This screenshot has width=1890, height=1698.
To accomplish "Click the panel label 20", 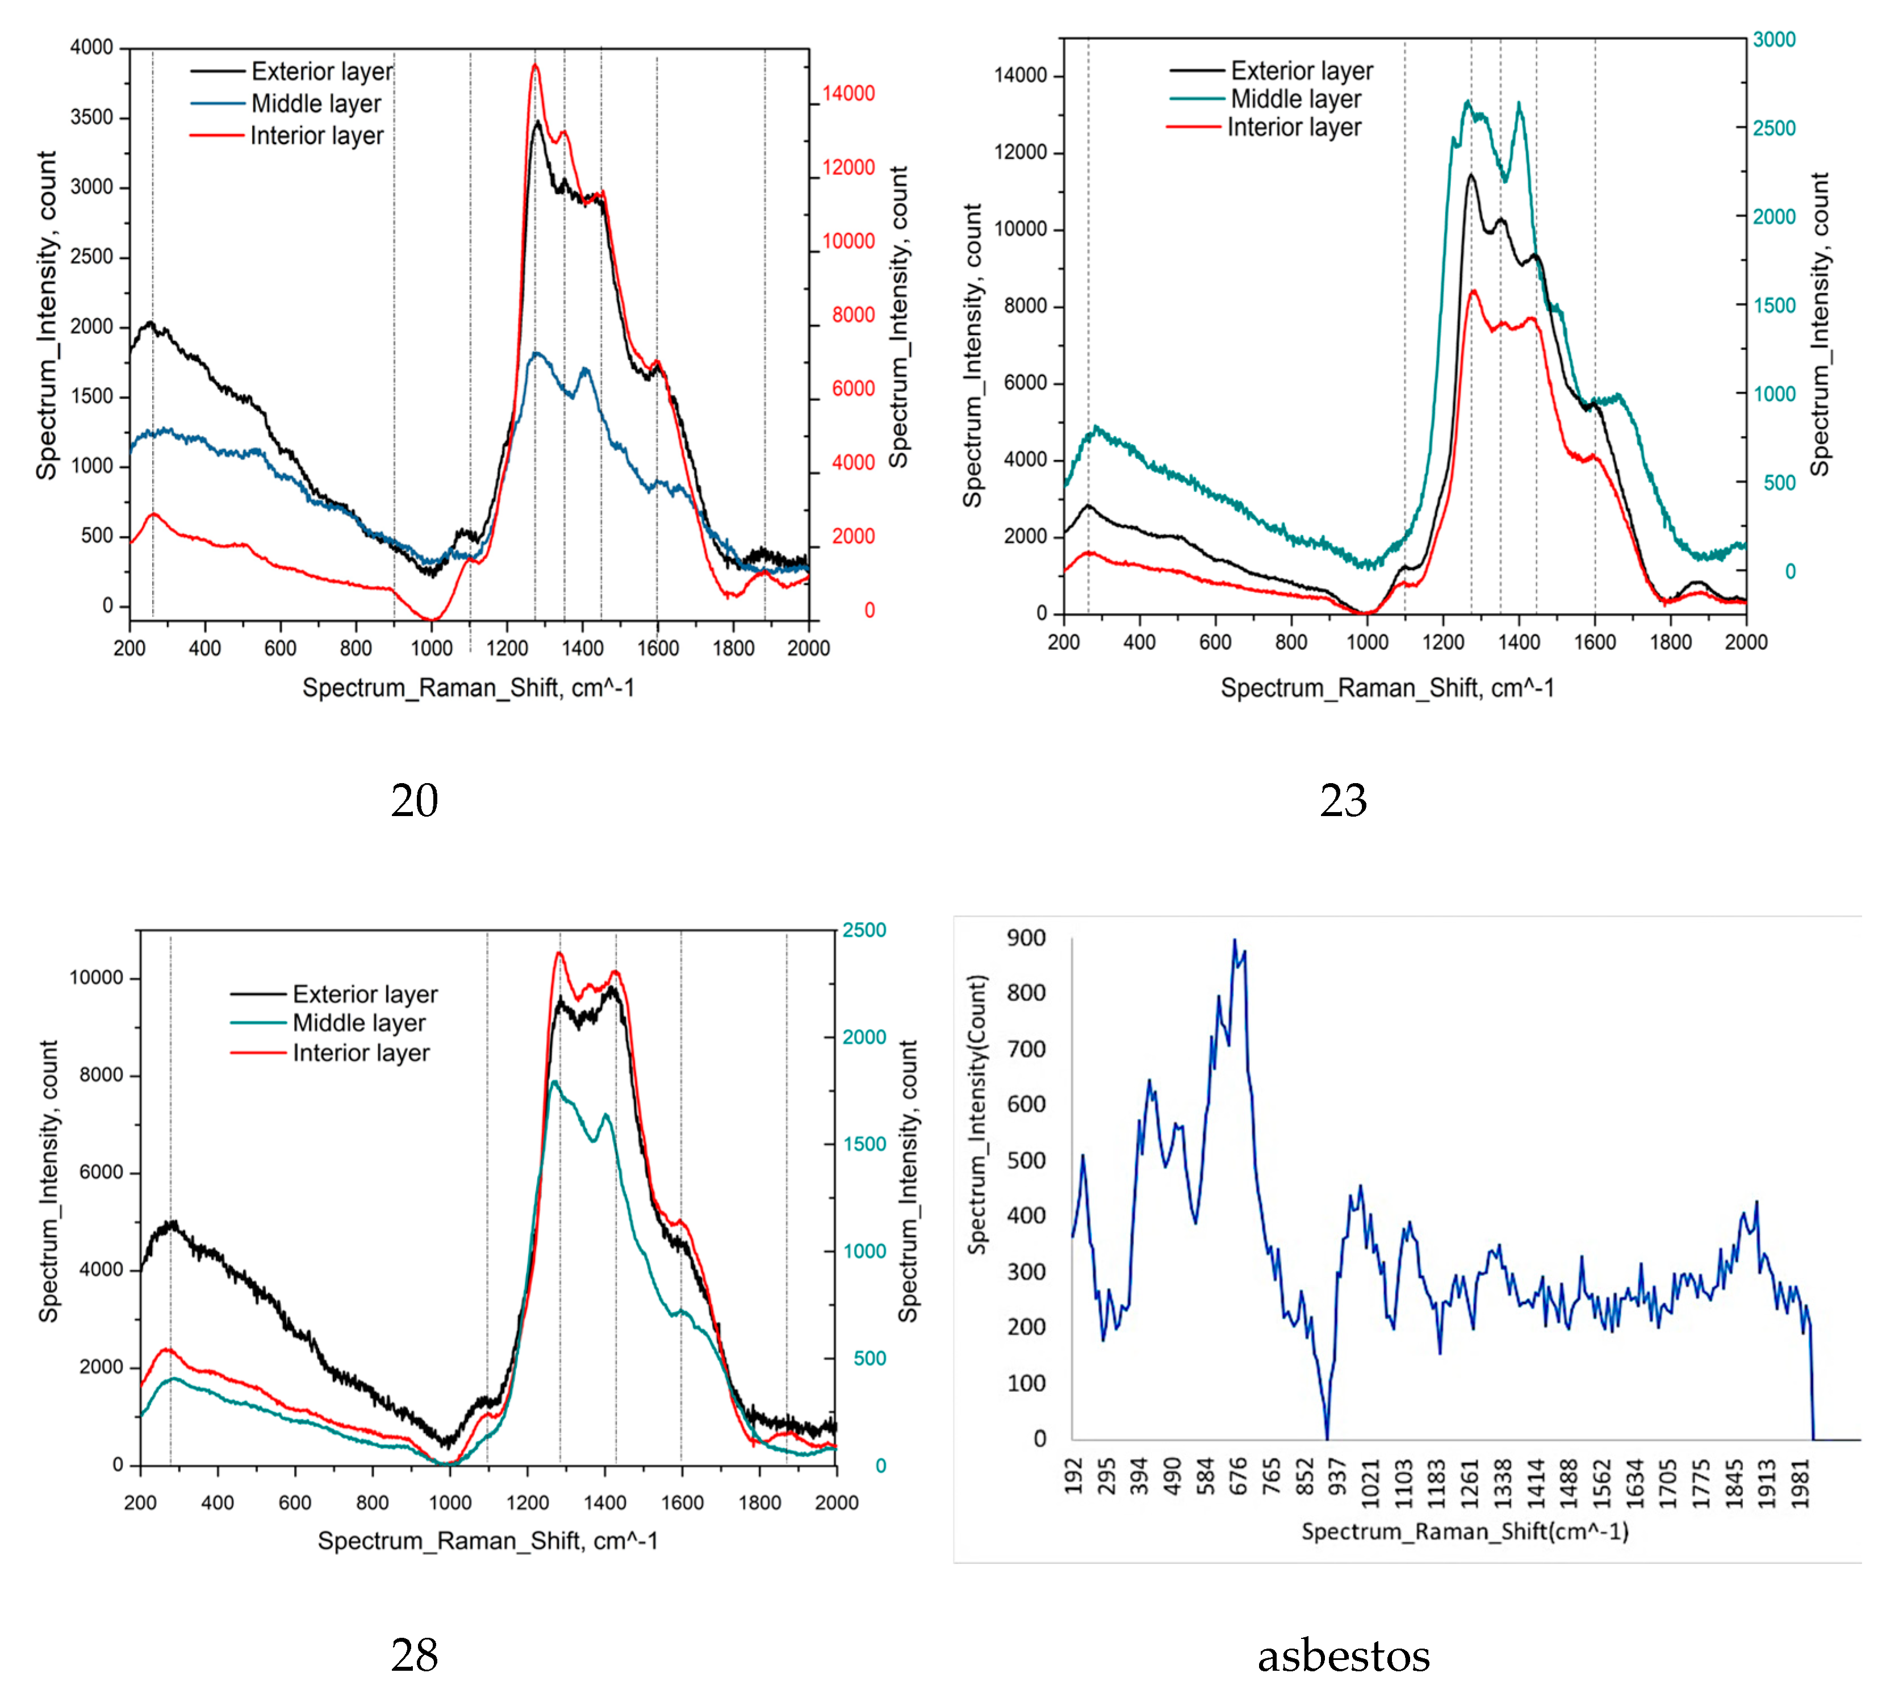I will click(x=414, y=801).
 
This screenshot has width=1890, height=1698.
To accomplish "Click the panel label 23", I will click(x=1343, y=801).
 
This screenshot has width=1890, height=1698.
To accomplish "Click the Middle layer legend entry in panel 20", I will click(x=315, y=103).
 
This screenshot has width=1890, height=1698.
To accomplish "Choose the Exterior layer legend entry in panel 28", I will click(x=364, y=994).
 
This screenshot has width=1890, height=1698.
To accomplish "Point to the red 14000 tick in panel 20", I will click(x=848, y=93).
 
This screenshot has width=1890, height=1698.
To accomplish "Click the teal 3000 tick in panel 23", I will click(x=1774, y=39).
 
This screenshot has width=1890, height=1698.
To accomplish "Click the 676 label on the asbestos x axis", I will click(x=1238, y=1476).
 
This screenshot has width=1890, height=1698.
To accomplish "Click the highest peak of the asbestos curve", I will click(x=1234, y=940).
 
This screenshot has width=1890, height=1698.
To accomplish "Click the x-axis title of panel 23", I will click(x=1387, y=688).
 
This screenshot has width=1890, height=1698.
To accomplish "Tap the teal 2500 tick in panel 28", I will click(x=864, y=930).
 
